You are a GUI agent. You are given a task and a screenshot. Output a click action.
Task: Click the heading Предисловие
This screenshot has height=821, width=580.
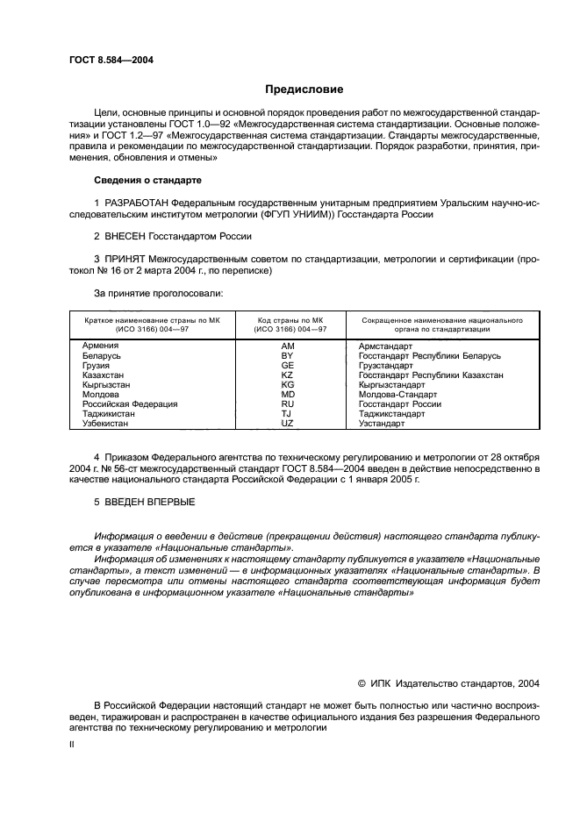coord(304,89)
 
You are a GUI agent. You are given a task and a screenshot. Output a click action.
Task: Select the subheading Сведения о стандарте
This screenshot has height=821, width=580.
coord(147,180)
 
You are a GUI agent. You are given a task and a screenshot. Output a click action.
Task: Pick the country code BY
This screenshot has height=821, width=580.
coord(286,356)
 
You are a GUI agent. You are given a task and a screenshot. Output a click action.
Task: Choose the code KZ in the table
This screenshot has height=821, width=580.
coord(286,375)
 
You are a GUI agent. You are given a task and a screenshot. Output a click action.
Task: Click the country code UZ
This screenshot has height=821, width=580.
coord(286,424)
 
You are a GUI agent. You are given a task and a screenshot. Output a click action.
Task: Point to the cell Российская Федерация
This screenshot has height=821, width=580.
coord(130,404)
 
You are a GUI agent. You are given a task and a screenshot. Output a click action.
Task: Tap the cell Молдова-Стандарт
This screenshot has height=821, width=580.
coord(397,395)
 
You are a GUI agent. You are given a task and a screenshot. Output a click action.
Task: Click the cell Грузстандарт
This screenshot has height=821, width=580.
coord(385,366)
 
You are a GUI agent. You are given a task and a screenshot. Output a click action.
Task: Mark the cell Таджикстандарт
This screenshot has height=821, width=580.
coord(391,414)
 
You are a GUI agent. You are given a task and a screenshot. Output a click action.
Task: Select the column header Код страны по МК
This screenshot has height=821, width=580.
coord(286,321)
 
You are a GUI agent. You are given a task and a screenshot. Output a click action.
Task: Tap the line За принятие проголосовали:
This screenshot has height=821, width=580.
coord(158,294)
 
